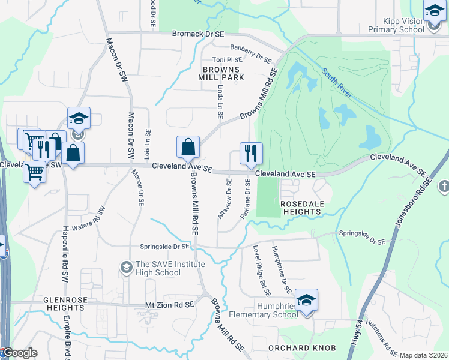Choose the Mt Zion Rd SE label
pyautogui.click(x=170, y=305)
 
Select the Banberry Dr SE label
pyautogui.click(x=250, y=54)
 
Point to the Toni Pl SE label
pyautogui.click(x=228, y=60)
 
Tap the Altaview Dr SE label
pyautogui.click(x=224, y=198)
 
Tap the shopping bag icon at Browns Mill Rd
pyautogui.click(x=188, y=147)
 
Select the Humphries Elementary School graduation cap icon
pyautogui.click(x=306, y=301)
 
